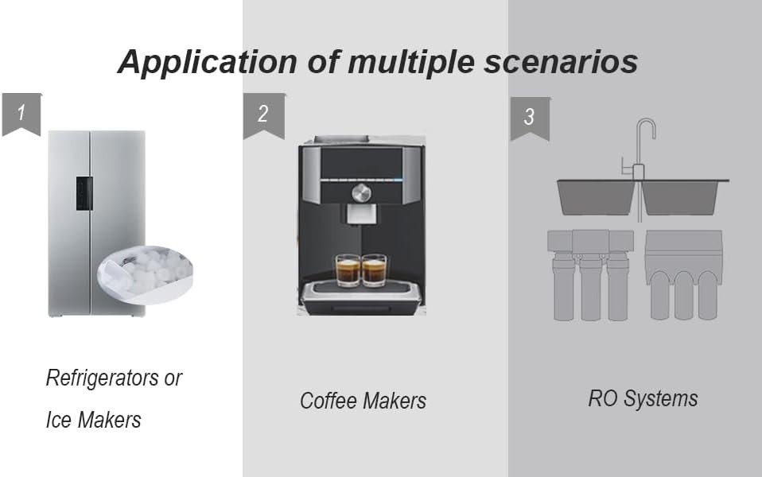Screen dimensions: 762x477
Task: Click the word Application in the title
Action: tap(208, 62)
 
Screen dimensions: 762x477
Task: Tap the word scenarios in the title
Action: tap(561, 62)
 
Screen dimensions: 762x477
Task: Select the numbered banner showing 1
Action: tap(21, 114)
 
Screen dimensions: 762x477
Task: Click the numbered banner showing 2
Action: tap(264, 115)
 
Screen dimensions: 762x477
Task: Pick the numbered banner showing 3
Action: tap(530, 118)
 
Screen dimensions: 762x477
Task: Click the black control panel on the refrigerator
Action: tap(84, 193)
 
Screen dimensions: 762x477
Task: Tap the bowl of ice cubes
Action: tap(145, 273)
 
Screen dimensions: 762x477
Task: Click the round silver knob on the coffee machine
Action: tap(361, 193)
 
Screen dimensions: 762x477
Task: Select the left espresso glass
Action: tap(348, 270)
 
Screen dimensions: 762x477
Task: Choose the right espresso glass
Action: tap(374, 270)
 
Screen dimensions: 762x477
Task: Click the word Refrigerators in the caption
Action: tap(103, 378)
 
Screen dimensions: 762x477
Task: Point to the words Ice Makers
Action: tap(93, 420)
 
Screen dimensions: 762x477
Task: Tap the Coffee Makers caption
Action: tap(363, 401)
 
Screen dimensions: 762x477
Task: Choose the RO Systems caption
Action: tap(643, 399)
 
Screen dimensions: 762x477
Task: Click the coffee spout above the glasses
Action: tap(361, 215)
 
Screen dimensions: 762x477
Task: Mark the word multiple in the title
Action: tap(411, 63)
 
